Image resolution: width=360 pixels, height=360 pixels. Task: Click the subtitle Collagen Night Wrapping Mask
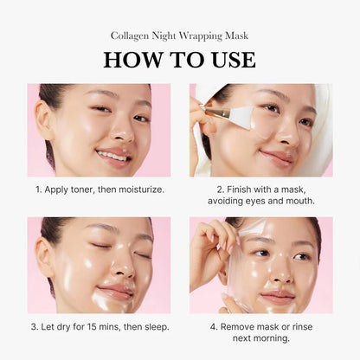click(x=179, y=35)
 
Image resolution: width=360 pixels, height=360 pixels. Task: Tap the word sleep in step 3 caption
click(x=153, y=326)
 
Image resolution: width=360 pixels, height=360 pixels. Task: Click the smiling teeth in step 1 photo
click(x=112, y=156)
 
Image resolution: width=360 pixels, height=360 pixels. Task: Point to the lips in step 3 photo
click(x=115, y=292)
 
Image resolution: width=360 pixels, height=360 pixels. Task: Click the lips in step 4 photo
click(x=279, y=295)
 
